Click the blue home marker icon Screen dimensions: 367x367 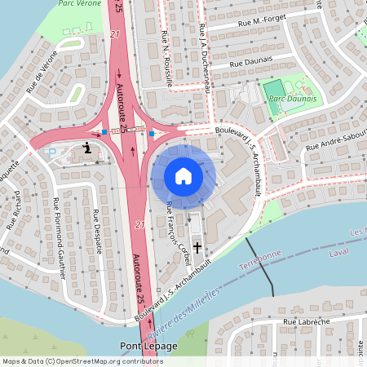[183, 176]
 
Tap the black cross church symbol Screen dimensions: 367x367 [196, 245]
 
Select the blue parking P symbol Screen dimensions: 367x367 [53, 153]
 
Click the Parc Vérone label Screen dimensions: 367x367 [85, 4]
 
